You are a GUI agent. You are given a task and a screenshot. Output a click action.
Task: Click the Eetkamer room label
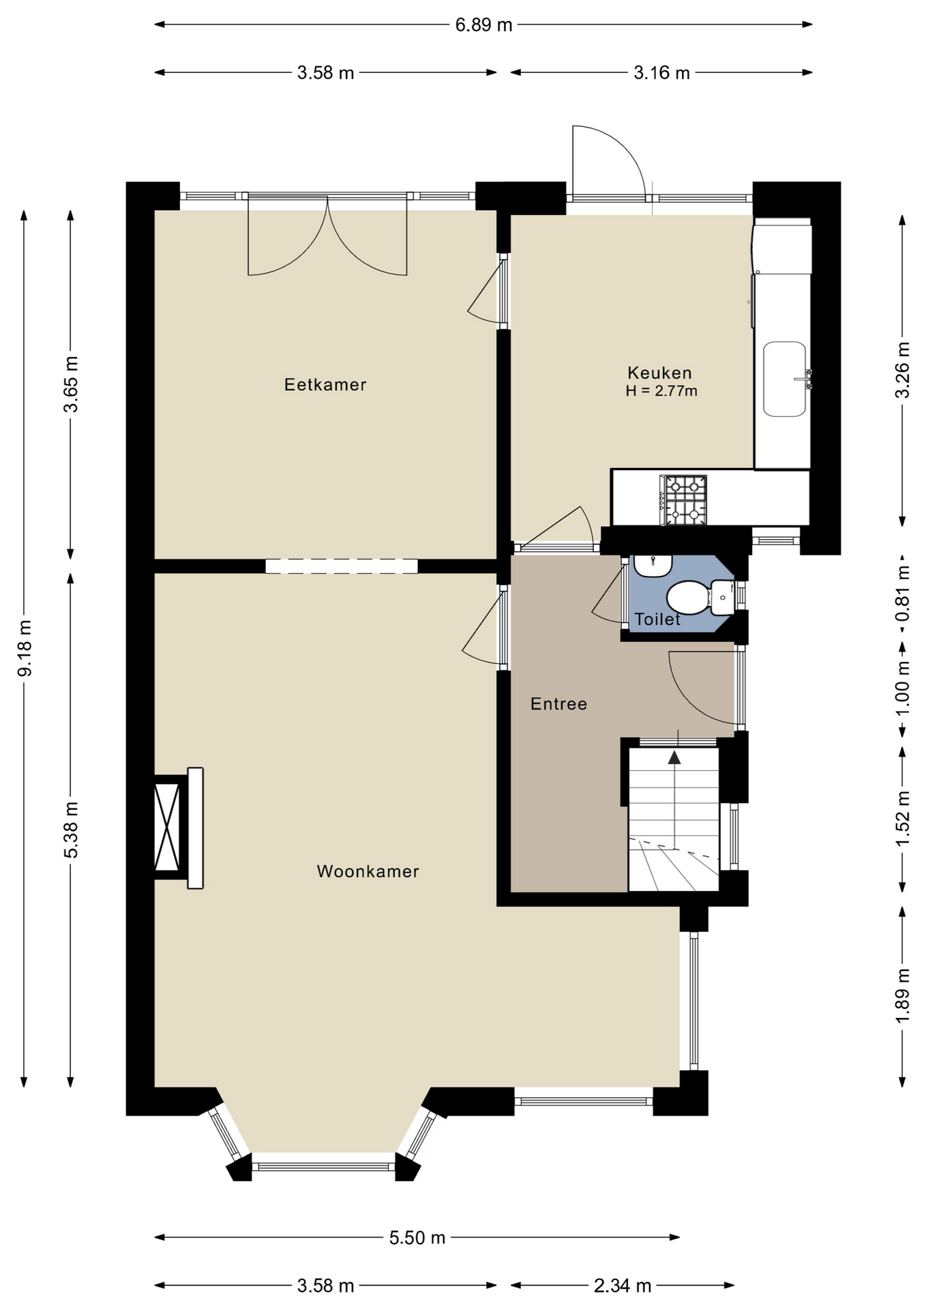[325, 385]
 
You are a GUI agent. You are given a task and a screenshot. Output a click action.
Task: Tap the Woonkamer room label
[368, 871]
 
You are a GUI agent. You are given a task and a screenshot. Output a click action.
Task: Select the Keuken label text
[659, 373]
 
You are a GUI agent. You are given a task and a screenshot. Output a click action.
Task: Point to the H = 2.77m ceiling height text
[661, 391]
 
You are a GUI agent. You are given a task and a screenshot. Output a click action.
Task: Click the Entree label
[558, 703]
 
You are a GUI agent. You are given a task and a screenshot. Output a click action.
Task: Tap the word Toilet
[657, 619]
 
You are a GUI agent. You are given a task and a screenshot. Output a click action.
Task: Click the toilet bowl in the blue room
[689, 598]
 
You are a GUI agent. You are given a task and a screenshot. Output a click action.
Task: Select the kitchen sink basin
[784, 379]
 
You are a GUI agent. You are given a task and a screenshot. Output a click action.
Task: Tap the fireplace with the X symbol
[167, 827]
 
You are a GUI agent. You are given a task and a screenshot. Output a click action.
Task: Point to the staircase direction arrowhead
[674, 757]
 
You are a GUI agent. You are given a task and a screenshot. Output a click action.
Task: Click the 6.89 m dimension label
[483, 25]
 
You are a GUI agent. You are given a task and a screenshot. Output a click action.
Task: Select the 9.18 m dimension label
[25, 648]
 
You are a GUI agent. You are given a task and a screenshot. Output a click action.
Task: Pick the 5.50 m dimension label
[417, 1238]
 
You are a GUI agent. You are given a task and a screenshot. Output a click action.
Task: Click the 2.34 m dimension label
[623, 1286]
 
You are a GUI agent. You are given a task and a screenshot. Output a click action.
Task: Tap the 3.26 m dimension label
[902, 370]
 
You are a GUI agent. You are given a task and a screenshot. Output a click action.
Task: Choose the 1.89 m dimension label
[902, 996]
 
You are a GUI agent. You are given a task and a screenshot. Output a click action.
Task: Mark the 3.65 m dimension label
[71, 384]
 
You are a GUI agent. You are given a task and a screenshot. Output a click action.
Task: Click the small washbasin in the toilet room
[653, 566]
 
